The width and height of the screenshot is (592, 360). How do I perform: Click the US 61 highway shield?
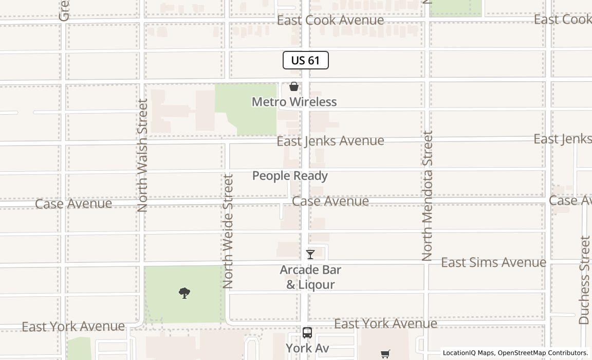[306, 60]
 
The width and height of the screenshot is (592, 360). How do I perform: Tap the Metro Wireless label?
[294, 102]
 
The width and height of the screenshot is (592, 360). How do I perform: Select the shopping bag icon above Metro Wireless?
[294, 86]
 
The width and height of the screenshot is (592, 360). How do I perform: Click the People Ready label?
[290, 176]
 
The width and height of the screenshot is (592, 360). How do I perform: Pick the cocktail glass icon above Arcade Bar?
[310, 255]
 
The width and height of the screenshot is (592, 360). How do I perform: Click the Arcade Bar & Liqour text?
[310, 277]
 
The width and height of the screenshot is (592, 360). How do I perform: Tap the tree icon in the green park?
[184, 293]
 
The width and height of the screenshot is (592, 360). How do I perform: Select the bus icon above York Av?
[307, 333]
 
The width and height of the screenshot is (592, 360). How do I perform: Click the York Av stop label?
[307, 348]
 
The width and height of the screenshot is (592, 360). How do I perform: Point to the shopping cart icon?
[385, 353]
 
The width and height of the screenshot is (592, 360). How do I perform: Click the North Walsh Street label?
[142, 155]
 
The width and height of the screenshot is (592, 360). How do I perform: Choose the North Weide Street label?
[228, 231]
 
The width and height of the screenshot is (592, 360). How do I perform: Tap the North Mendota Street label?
[428, 195]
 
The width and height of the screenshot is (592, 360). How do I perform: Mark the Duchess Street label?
[584, 280]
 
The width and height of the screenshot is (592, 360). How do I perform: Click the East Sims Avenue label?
[493, 262]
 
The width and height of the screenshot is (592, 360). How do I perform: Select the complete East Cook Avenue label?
[330, 20]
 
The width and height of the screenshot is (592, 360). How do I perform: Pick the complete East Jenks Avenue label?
[330, 140]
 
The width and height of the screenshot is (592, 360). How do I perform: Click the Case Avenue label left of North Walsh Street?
[73, 204]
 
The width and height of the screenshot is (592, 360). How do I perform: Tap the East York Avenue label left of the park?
[73, 327]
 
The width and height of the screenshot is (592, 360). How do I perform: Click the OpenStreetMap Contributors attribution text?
[543, 353]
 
